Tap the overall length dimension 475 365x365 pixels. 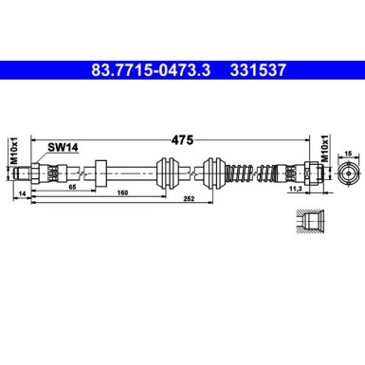click(x=182, y=138)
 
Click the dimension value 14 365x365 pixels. click(x=22, y=192)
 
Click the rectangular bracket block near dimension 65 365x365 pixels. click(x=100, y=174)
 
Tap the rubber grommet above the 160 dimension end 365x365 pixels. click(x=168, y=174)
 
